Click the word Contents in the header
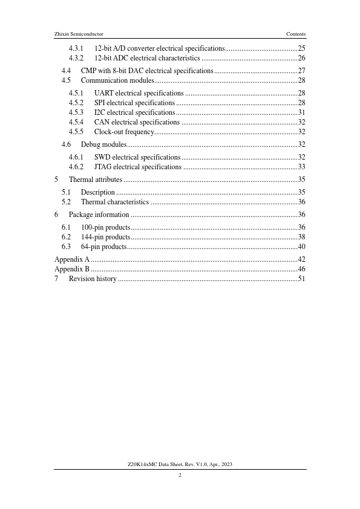[296, 34]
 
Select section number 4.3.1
[76, 48]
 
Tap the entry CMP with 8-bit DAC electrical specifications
[147, 71]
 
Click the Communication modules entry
[117, 80]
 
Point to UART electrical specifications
[139, 93]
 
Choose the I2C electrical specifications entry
[135, 112]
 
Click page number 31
[301, 112]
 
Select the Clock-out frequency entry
[124, 132]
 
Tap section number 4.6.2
[76, 167]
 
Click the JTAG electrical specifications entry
[138, 167]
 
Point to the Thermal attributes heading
[96, 180]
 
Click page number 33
[301, 167]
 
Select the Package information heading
[99, 215]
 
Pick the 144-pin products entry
[106, 237]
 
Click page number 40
[301, 247]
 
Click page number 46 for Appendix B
[301, 269]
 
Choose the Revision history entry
[93, 279]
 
